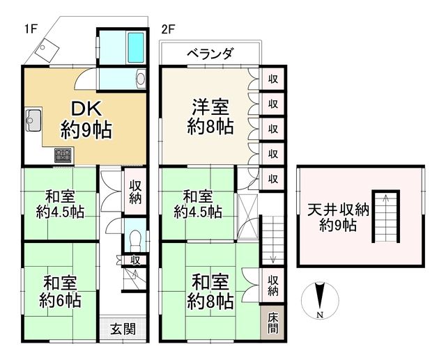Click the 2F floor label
coord(167,29)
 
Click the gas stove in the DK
coord(63,155)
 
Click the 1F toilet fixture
coord(135,238)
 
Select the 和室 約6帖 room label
coord(59,291)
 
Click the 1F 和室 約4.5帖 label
coord(61,203)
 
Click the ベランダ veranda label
coord(210,54)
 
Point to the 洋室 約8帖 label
coord(210,116)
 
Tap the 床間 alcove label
coord(273,322)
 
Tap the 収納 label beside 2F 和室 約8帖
coord(273,284)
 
